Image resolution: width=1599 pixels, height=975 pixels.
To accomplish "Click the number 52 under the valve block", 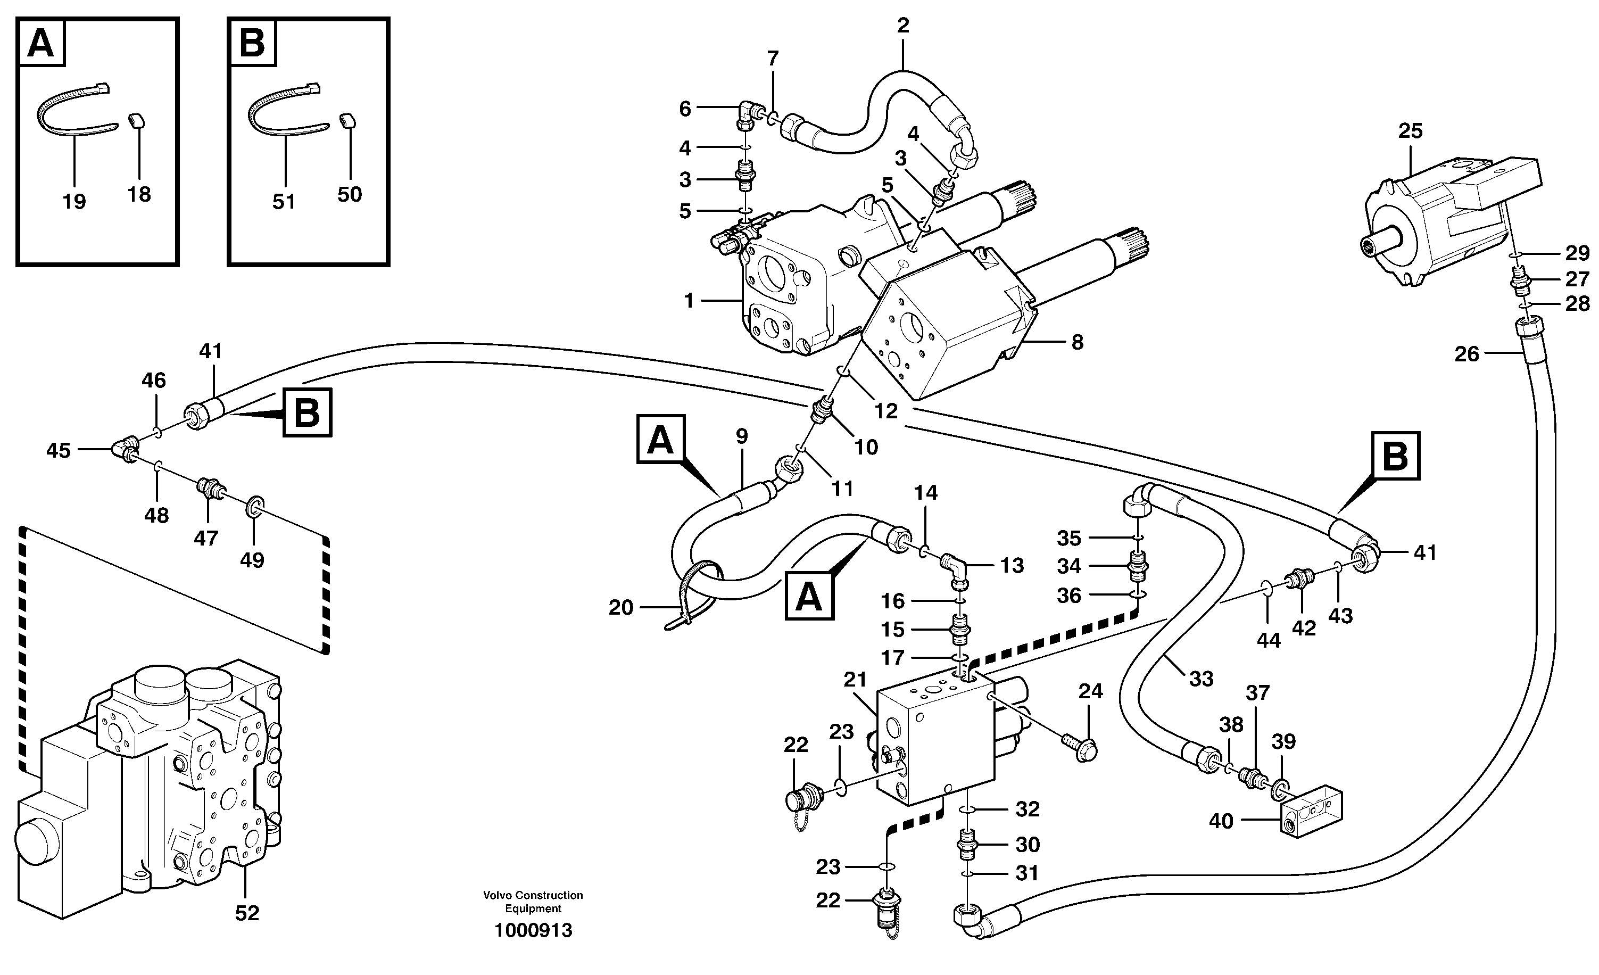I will [246, 913].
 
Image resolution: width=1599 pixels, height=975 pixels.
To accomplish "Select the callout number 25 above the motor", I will [1410, 131].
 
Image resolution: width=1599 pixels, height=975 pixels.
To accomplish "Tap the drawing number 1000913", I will [533, 930].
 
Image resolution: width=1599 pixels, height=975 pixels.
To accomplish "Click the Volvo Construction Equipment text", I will [533, 902].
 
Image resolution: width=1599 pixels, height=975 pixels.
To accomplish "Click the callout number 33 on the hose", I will [1200, 679].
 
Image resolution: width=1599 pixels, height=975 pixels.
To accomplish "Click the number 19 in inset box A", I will [74, 202].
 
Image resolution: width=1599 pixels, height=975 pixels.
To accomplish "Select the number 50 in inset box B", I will [349, 194].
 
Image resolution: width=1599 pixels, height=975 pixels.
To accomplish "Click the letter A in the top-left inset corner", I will [42, 44].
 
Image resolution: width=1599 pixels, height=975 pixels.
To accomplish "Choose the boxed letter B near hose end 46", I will [307, 412].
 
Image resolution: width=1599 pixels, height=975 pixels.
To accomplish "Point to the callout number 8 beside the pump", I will [1077, 343].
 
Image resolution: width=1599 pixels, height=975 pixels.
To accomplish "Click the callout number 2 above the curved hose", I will [902, 26].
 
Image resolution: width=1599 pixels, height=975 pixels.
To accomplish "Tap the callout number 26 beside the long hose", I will [1466, 354].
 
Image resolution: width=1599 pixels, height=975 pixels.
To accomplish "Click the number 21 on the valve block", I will [855, 680].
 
